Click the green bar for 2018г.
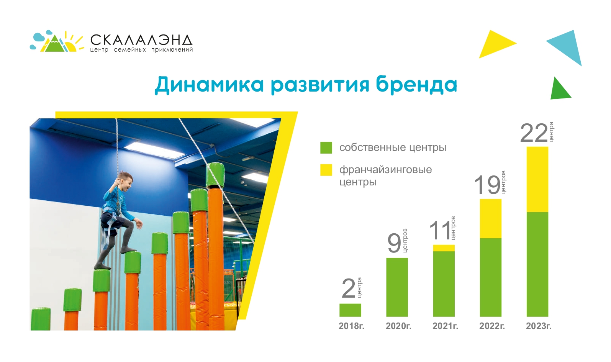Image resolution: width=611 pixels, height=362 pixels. (350, 310)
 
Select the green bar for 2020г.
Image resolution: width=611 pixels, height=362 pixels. (397, 287)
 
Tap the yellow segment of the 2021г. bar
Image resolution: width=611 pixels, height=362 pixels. (444, 248)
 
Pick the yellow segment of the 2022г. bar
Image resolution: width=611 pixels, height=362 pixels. (490, 218)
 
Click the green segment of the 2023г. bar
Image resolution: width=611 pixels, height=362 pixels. (537, 264)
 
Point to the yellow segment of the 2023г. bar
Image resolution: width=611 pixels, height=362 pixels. (537, 179)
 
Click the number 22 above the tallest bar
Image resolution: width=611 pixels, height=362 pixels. (534, 133)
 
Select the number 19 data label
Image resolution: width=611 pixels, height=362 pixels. (487, 185)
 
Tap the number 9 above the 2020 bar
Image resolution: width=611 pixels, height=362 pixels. (394, 243)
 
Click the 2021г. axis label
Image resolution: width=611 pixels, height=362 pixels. (445, 326)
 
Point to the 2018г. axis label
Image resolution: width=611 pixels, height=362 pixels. (351, 326)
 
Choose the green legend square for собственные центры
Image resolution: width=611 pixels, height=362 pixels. (326, 147)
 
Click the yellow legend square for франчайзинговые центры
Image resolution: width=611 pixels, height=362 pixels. (326, 170)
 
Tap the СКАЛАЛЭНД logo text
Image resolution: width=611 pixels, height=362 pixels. (141, 40)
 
